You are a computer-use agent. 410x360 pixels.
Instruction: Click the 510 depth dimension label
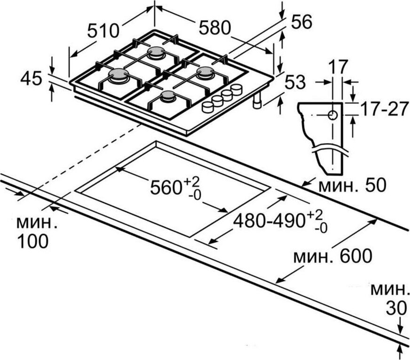click(103, 31)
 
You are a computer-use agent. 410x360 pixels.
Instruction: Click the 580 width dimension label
click(214, 28)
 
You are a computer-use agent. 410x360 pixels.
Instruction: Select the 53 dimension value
click(295, 81)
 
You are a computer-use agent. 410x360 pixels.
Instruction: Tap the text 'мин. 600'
click(332, 257)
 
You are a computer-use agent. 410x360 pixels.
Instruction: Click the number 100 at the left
click(33, 241)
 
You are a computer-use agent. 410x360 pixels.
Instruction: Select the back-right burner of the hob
click(205, 72)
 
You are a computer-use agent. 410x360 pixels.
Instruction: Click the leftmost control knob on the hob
click(207, 106)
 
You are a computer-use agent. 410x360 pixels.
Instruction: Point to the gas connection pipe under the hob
click(258, 101)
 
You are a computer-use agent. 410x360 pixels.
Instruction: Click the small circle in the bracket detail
click(332, 115)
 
